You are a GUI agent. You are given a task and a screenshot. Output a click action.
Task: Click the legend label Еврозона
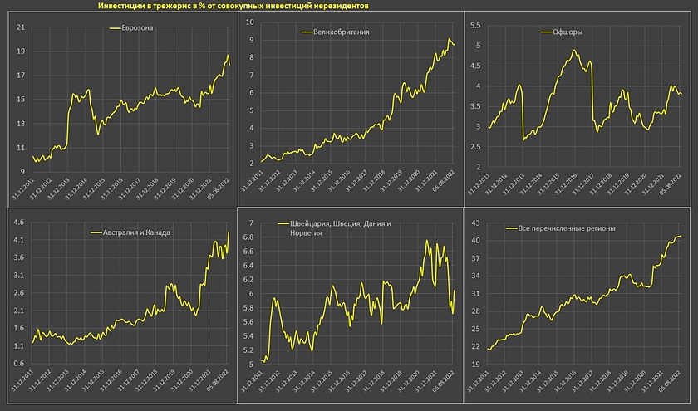[137, 28]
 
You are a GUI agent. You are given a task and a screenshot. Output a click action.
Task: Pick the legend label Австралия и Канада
[131, 232]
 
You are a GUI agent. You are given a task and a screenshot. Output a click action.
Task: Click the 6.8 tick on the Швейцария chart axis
[247, 238]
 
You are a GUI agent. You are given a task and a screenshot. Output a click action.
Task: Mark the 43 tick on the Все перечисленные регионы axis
[474, 223]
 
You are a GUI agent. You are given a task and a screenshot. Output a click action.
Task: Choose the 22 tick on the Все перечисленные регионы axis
[474, 346]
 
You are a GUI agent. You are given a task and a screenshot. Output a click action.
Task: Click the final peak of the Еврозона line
[228, 56]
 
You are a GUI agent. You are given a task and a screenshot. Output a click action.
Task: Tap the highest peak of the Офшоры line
[574, 51]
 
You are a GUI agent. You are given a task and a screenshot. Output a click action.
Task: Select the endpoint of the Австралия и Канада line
[229, 232]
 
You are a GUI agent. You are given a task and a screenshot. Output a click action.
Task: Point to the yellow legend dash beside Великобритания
[307, 32]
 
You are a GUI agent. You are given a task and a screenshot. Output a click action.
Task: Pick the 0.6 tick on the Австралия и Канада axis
[17, 364]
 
